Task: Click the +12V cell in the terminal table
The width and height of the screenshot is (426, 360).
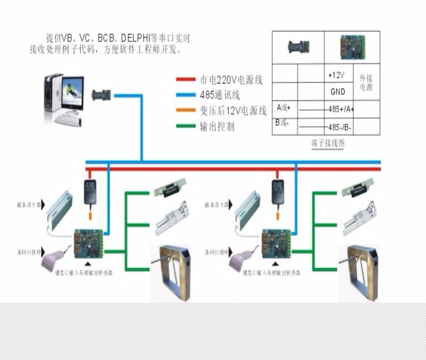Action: click(337, 75)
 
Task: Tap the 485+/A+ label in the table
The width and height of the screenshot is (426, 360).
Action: click(341, 109)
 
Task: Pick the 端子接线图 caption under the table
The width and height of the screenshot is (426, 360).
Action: click(328, 143)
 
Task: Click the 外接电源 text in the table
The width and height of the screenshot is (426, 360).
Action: click(366, 83)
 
